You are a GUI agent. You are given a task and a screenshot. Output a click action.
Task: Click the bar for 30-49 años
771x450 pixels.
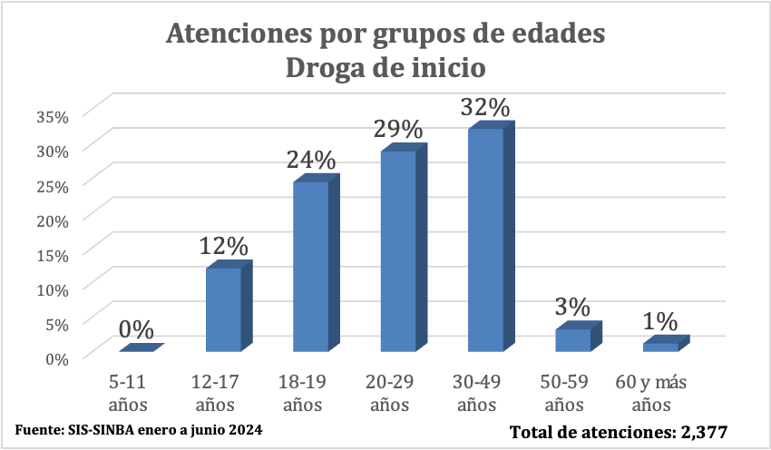tap(485, 240)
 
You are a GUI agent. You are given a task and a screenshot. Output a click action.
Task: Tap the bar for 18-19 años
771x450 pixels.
tap(311, 267)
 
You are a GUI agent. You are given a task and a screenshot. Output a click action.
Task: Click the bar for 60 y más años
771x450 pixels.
tap(660, 347)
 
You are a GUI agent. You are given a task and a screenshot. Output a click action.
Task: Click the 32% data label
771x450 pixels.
tap(485, 107)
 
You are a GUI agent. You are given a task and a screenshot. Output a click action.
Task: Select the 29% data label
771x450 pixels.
tap(398, 129)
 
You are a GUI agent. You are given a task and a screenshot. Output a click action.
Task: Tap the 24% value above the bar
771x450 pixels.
tap(311, 160)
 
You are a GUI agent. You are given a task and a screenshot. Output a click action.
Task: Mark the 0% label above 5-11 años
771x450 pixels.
tap(136, 330)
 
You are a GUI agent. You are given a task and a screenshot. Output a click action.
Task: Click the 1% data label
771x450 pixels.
tap(660, 321)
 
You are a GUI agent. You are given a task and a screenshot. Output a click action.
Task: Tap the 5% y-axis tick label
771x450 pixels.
tap(56, 323)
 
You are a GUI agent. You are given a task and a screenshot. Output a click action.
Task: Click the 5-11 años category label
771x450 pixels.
tap(127, 393)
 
